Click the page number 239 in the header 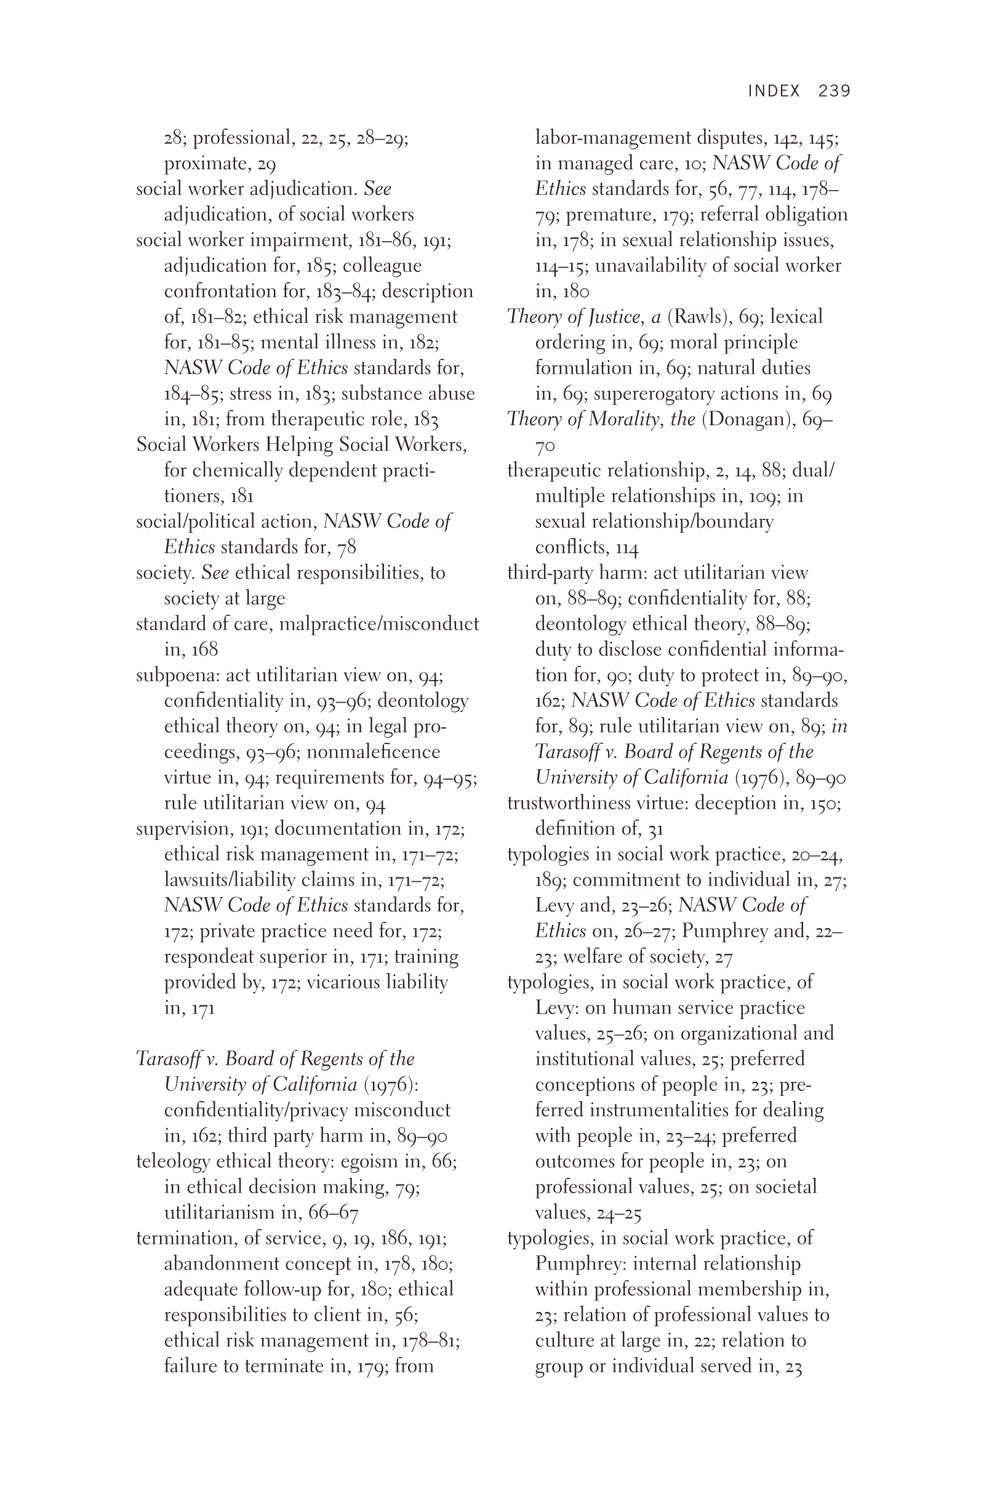pyautogui.click(x=834, y=91)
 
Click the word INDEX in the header pyautogui.click(x=774, y=91)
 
